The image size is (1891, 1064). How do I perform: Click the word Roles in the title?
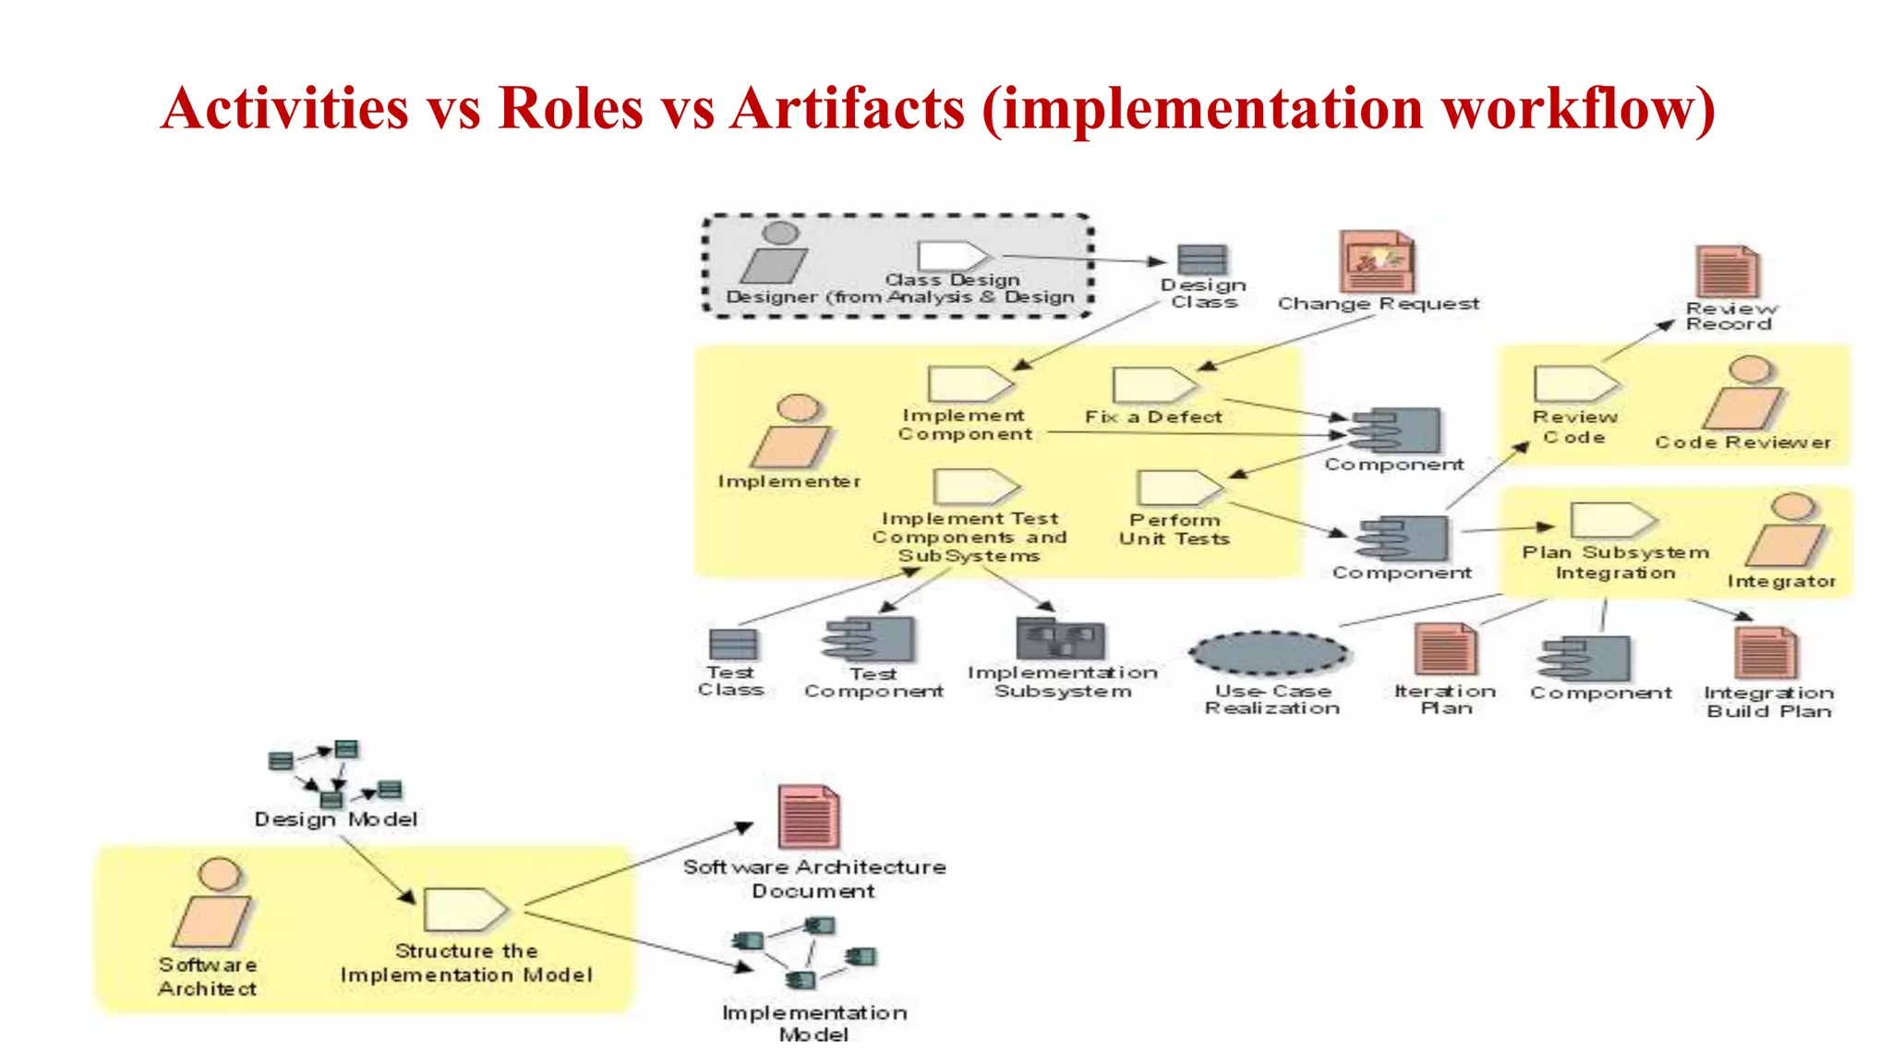[570, 108]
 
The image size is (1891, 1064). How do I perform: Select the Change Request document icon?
[1376, 262]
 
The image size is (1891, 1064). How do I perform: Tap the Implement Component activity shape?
[969, 384]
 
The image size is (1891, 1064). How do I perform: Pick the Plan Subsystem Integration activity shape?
[1612, 520]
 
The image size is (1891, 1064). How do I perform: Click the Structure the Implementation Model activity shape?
[464, 910]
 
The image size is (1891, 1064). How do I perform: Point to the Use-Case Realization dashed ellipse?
[1271, 654]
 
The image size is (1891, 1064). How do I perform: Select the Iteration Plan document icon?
[1445, 650]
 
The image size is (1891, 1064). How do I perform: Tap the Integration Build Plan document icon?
[1765, 653]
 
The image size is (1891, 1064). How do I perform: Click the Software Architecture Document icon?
[808, 816]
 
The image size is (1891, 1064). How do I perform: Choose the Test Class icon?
[732, 644]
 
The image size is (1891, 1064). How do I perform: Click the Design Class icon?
[1202, 260]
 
